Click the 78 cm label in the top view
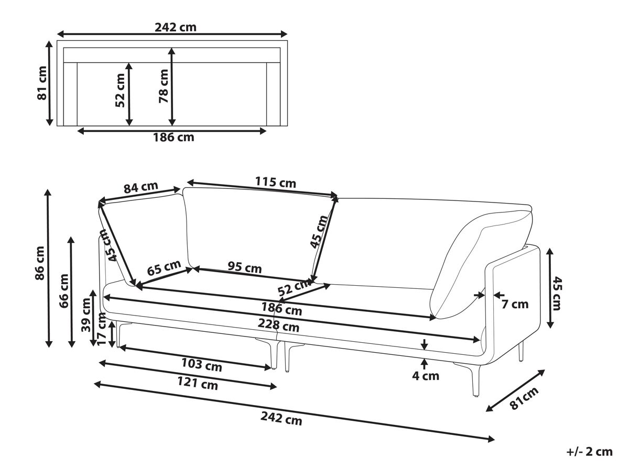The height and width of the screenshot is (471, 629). click(164, 86)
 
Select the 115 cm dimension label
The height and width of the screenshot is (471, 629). click(275, 182)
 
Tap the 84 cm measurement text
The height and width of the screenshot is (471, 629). click(140, 187)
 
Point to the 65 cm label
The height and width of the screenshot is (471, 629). click(164, 267)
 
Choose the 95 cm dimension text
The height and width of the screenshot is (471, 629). click(244, 267)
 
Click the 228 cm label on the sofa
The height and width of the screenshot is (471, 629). click(278, 325)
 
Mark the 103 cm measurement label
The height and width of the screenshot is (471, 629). click(201, 365)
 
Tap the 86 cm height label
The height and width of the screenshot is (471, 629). click(40, 263)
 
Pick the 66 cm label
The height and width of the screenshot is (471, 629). click(64, 291)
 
